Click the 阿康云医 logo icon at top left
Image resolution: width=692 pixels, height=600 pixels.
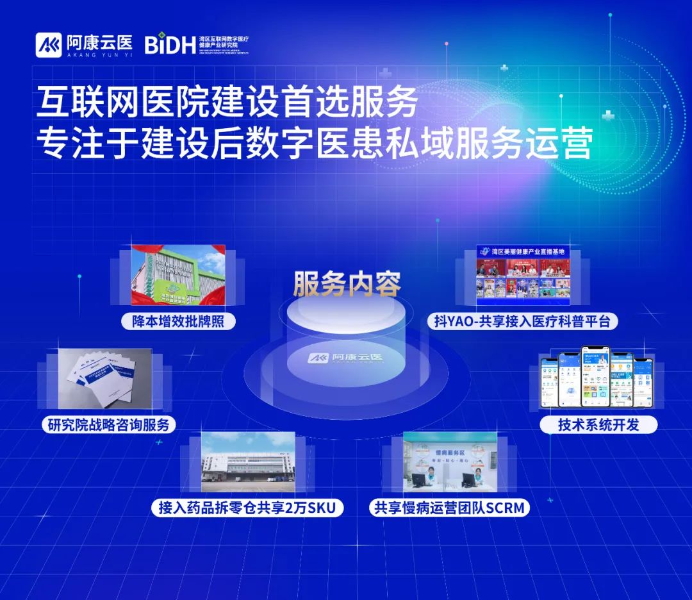48,44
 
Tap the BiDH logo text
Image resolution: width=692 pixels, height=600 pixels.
169,45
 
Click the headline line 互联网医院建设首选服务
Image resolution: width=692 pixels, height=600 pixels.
227,103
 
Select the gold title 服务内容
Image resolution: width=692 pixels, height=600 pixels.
347,284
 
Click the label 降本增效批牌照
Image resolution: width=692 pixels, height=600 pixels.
179,321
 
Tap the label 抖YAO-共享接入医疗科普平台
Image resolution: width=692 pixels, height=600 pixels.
522,321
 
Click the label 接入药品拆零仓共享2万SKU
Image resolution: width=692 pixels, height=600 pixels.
247,508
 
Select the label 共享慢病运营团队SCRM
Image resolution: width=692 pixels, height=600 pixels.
450,508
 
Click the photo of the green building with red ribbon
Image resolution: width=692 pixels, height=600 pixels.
178,275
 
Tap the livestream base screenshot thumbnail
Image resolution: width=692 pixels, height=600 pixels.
523,275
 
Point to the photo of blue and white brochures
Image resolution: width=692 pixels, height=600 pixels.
105,379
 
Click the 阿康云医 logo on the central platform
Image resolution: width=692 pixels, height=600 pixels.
346,358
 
